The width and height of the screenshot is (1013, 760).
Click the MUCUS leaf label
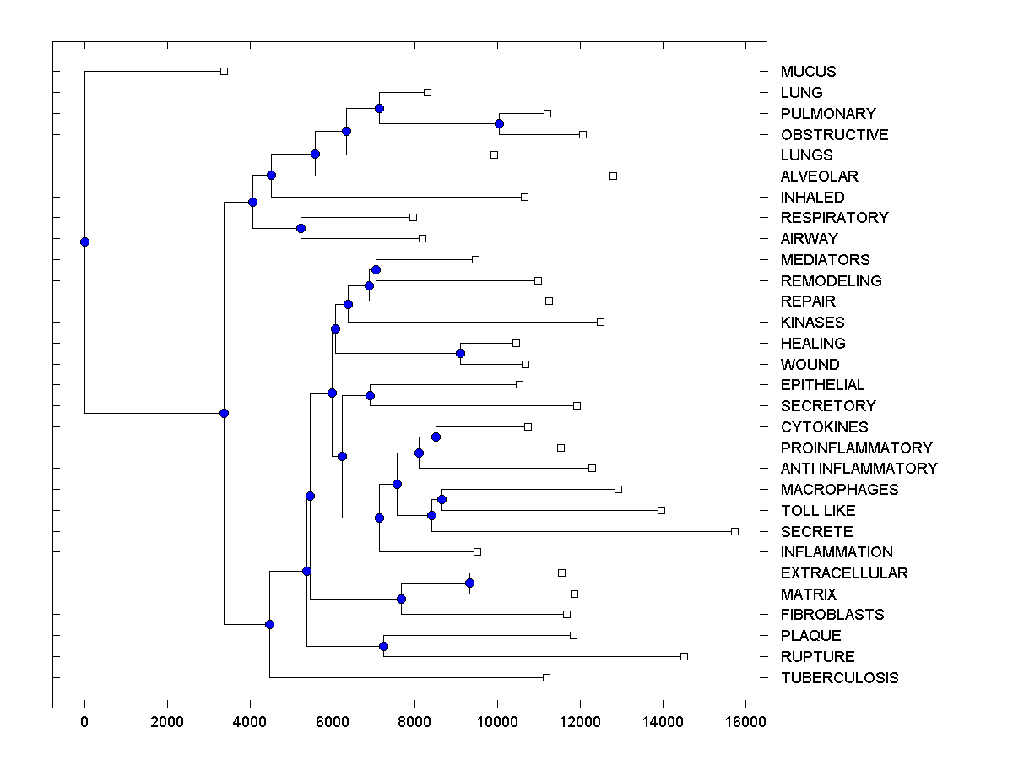808,72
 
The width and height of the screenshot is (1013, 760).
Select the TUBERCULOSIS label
839,678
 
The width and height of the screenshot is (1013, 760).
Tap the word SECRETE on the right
816,532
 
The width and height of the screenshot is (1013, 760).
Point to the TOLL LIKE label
817,511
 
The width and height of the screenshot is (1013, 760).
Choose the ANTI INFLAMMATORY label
859,469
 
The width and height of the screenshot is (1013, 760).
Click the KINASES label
812,323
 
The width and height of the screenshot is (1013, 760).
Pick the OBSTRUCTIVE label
834,135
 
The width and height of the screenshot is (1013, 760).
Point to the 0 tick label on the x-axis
84,722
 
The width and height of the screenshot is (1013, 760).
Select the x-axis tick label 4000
249,722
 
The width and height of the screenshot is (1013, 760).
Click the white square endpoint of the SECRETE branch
734,531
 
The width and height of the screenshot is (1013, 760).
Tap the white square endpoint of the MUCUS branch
224,71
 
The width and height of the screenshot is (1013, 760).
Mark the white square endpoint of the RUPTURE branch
684,656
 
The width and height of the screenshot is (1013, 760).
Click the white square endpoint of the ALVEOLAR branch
613,176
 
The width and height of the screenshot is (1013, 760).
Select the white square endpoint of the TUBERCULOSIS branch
546,677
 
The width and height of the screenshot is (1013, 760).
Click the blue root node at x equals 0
84,242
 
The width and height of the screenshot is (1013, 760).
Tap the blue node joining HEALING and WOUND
460,353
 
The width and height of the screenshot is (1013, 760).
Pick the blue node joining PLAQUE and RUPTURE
383,646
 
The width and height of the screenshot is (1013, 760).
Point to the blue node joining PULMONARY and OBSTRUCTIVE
499,123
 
